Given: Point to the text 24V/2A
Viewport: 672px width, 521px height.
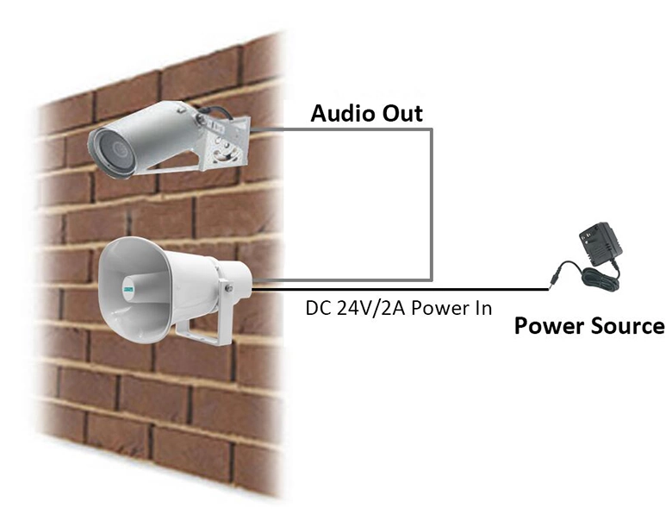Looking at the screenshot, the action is pyautogui.click(x=370, y=309).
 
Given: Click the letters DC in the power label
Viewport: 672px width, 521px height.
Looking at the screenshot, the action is pyautogui.click(x=319, y=309).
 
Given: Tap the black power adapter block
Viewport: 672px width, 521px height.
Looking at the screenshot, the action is pyautogui.click(x=600, y=244).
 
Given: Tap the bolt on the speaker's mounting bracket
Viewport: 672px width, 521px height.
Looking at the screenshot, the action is pyautogui.click(x=229, y=288).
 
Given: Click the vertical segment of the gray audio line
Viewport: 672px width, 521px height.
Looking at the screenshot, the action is pyautogui.click(x=431, y=204).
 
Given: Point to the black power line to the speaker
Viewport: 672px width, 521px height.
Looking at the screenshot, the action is pyautogui.click(x=400, y=290).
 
